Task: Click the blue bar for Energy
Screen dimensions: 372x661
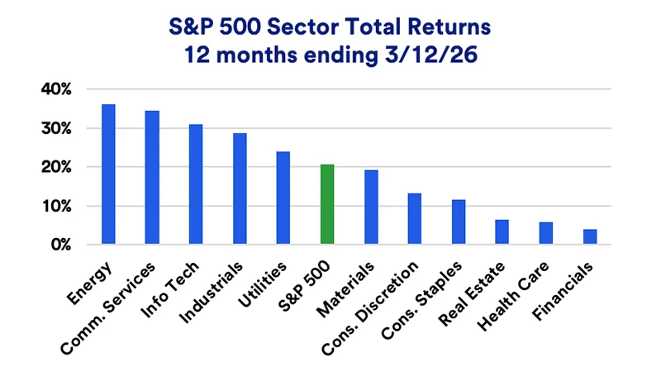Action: pyautogui.click(x=108, y=174)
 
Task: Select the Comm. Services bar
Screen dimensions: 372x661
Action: pyautogui.click(x=152, y=178)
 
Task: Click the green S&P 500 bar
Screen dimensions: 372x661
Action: pyautogui.click(x=327, y=204)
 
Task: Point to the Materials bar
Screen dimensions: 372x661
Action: pyautogui.click(x=371, y=207)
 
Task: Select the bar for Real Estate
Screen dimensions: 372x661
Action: pyautogui.click(x=502, y=232)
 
